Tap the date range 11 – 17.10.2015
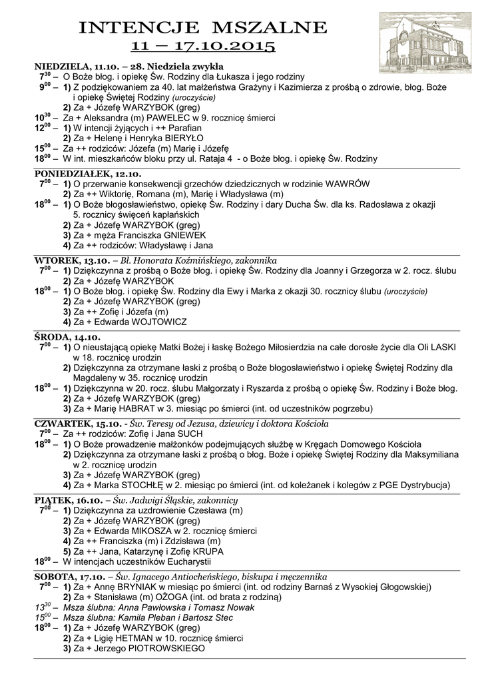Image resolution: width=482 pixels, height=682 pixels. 203,47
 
